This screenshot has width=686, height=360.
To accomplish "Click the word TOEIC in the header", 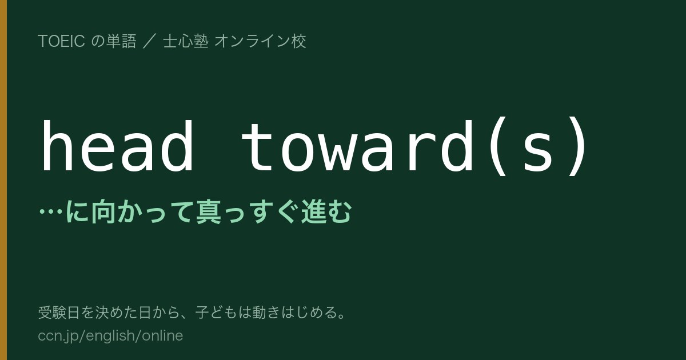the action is coord(62,41).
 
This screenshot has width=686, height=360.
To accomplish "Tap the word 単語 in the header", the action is coord(121,41).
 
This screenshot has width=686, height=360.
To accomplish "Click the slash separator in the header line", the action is coord(149,41).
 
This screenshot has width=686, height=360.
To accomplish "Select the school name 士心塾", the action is coord(186,41).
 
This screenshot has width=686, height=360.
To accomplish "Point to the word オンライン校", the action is coord(260,41).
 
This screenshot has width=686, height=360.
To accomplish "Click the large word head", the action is coord(117,145).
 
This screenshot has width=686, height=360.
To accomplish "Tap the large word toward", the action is coord(357,145).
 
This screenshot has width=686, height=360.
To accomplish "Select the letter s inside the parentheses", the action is coord(538,152).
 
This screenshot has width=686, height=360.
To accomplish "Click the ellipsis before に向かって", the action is coord(51,211).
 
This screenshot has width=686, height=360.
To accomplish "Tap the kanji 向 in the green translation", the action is coord(103,211).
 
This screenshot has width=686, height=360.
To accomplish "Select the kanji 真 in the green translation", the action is coord(209,211).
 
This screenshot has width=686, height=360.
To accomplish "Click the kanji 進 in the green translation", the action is coord(314,211).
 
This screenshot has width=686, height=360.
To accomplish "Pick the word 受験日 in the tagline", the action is coord(59,313).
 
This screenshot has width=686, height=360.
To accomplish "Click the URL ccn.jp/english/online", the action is coord(110,335).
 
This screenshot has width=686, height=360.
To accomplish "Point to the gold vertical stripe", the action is coord(3,180).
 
